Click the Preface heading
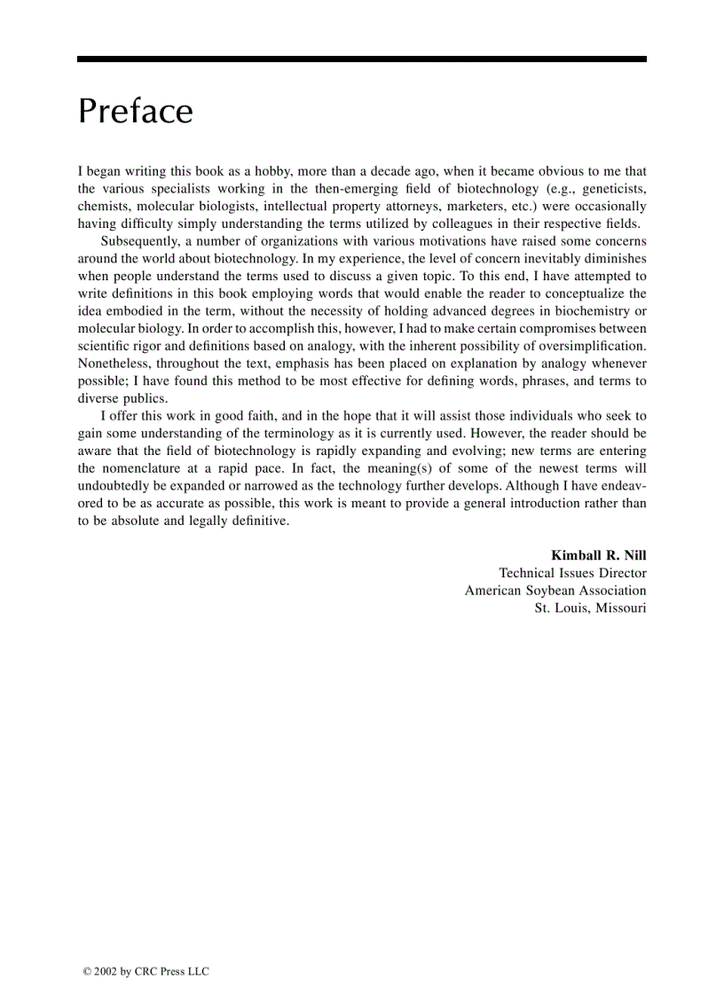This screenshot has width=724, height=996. click(x=135, y=112)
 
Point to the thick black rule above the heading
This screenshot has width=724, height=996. click(x=361, y=59)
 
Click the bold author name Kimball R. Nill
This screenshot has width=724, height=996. click(x=598, y=555)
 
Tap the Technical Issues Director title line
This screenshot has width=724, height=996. click(x=572, y=573)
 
